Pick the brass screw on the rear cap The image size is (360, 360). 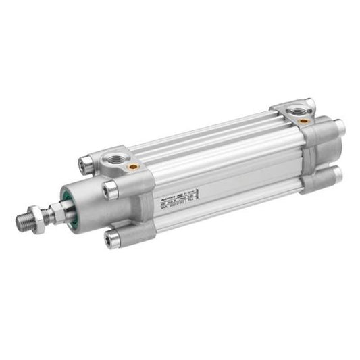click(304, 120)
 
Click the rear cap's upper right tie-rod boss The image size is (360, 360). click(338, 126)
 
